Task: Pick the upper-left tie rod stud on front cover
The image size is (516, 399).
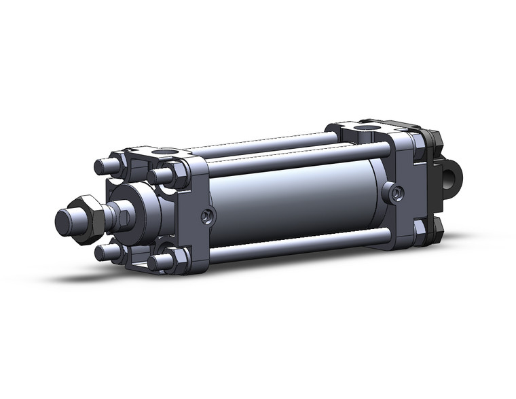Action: click(x=103, y=166)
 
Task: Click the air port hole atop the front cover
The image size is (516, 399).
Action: click(x=163, y=152)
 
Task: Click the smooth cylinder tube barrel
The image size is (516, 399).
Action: click(x=292, y=204)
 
